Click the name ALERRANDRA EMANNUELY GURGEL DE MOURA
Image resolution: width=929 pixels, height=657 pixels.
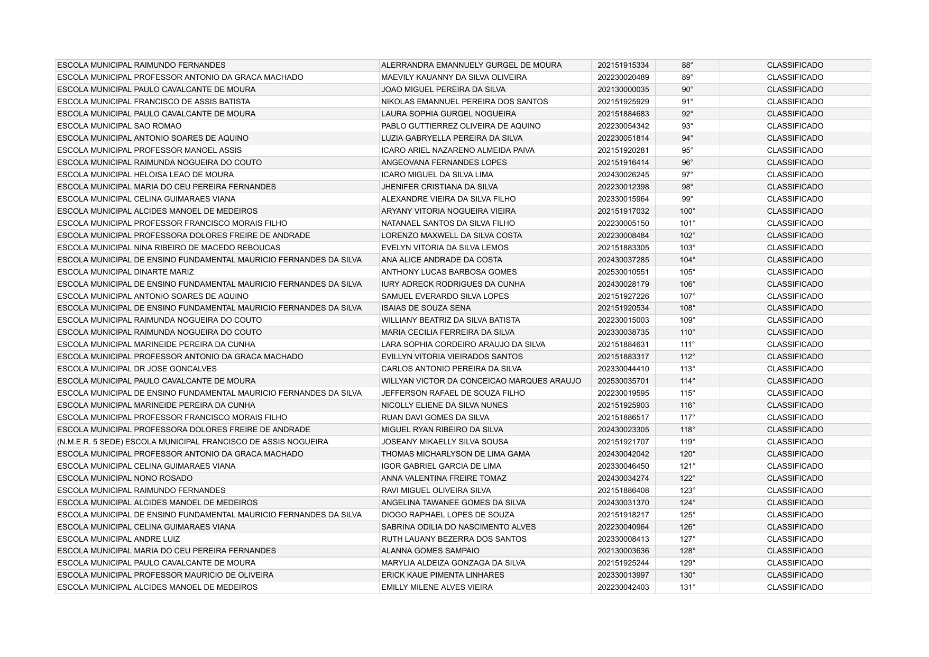(471, 66)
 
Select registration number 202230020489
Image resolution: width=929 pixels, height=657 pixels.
(623, 78)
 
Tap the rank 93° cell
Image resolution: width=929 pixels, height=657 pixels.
(687, 126)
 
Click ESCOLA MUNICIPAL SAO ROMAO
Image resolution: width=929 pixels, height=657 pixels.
(119, 126)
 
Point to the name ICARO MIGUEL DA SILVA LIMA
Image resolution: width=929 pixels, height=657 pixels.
(437, 175)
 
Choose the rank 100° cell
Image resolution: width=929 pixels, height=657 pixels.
(687, 212)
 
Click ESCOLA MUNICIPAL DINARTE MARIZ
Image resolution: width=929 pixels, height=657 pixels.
(125, 272)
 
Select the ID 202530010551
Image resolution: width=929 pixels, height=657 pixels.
(623, 272)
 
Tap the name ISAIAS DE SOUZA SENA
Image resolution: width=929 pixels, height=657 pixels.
(426, 308)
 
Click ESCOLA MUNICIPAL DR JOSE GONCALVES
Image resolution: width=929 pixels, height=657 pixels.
(136, 369)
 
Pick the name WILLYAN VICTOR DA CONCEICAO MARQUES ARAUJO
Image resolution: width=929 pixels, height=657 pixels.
(481, 381)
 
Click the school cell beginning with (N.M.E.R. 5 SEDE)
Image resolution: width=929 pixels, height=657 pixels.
(192, 442)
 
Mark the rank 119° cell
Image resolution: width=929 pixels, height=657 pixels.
(687, 442)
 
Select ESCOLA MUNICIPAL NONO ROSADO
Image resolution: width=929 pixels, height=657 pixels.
(125, 479)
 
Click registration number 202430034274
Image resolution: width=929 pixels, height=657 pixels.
(623, 479)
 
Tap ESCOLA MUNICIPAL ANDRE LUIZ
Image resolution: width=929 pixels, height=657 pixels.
(118, 540)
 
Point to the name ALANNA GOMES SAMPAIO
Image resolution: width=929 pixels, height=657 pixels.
(430, 551)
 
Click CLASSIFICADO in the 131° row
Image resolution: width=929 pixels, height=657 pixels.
(795, 588)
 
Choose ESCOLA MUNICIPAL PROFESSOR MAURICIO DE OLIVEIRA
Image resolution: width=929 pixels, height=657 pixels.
(165, 576)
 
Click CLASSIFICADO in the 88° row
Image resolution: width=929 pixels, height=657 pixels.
(795, 66)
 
